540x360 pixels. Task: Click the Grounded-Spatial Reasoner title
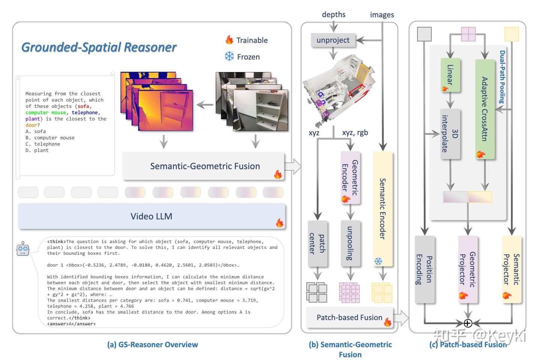click(x=99, y=47)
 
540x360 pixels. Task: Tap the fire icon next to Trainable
click(x=229, y=40)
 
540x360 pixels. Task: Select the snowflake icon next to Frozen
click(x=229, y=56)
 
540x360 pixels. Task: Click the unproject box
click(x=333, y=40)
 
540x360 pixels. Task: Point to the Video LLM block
click(x=151, y=216)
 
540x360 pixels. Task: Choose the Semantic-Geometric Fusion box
click(x=204, y=166)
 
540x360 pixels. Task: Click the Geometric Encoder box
click(x=350, y=178)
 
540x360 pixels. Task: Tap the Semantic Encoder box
click(x=383, y=209)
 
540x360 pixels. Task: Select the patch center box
click(x=318, y=244)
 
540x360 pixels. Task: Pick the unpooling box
click(x=350, y=243)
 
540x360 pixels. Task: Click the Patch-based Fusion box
click(x=349, y=318)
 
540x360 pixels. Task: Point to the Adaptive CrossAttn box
click(x=485, y=109)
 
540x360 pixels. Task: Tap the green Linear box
click(x=450, y=75)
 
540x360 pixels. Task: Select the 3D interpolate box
click(x=450, y=134)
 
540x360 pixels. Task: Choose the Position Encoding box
click(x=425, y=269)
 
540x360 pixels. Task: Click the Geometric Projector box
click(x=468, y=269)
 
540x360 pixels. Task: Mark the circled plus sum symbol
click(x=468, y=323)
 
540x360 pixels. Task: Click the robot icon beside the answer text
click(x=23, y=249)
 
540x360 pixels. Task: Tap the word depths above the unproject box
click(x=334, y=15)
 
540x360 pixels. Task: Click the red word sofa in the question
click(x=83, y=106)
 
